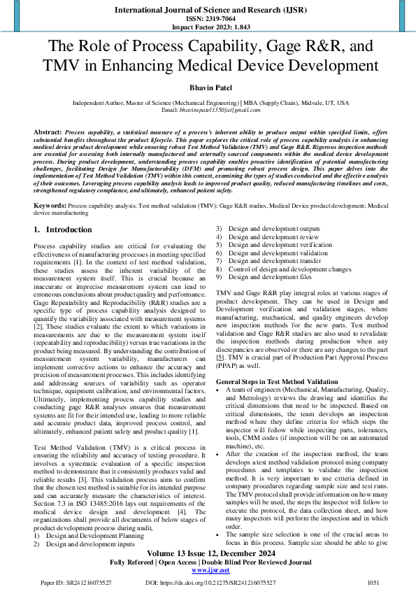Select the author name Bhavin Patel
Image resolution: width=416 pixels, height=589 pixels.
[x=208, y=89]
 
